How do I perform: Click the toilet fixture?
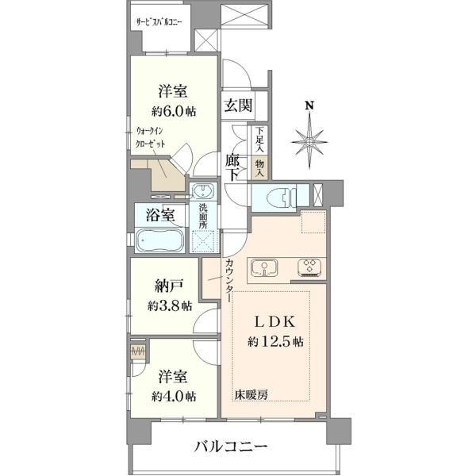coord(281,198)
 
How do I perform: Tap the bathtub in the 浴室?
coord(159,240)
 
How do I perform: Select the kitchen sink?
coord(264,268)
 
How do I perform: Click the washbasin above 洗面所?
coord(203,191)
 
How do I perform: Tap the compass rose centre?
coord(309,141)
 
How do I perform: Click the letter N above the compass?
coord(309,106)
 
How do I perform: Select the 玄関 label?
coord(238,106)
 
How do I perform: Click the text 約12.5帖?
coord(275,342)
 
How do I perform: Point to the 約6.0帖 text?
coord(174,112)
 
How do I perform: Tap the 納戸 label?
coord(170,286)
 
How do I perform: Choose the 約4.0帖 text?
coord(174,396)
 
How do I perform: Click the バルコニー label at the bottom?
coord(231,447)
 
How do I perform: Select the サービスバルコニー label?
coord(159,22)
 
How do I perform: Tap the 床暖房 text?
coord(251,394)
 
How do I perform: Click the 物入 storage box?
coord(259,168)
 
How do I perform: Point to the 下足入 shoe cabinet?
coord(259,140)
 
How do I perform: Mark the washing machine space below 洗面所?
coord(203,241)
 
